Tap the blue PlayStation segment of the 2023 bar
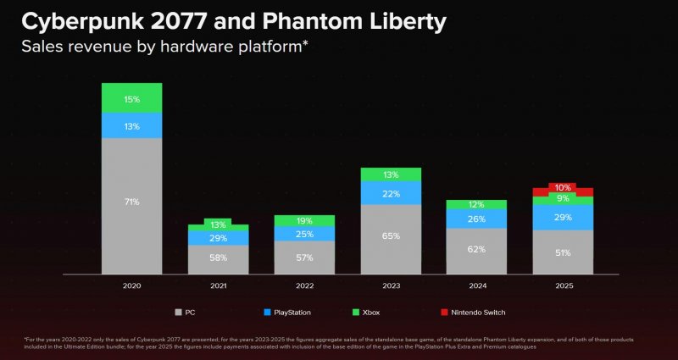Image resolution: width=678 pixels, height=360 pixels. pos(391,193)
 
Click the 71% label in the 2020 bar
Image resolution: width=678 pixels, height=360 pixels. pos(131,202)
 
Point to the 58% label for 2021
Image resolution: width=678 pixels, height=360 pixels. pos(218,257)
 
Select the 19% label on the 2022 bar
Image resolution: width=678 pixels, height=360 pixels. pos(304,220)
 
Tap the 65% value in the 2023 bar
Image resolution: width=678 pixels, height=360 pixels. pos(391,236)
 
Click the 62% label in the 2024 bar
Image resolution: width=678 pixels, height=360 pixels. pos(477,249)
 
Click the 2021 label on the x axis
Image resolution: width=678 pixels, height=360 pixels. pos(218,286)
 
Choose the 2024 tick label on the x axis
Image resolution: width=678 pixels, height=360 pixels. pos(477,286)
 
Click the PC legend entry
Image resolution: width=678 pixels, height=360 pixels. pos(186,312)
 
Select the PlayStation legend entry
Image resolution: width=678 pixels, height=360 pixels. pos(286,312)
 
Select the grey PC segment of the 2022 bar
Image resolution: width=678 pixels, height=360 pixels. pos(304,257)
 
